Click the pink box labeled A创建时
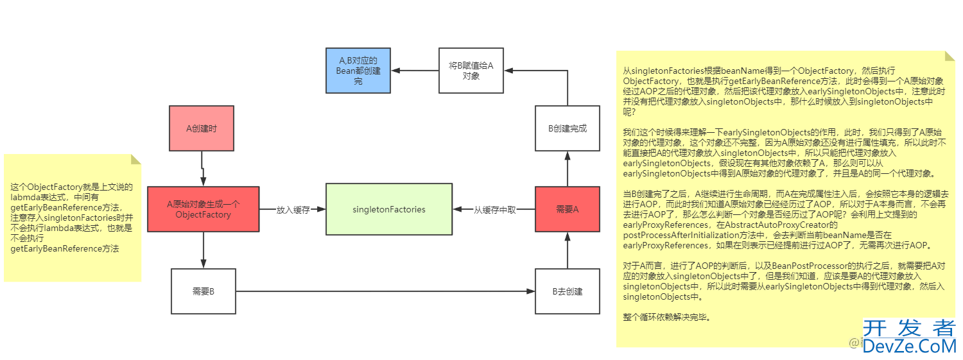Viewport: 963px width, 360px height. [x=202, y=128]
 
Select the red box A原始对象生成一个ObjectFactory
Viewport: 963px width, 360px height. [x=203, y=209]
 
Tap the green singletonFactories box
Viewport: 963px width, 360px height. [x=388, y=209]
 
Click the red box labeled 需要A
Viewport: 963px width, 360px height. [x=567, y=209]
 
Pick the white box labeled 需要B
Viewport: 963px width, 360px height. [x=203, y=291]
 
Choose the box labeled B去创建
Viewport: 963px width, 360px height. [x=567, y=291]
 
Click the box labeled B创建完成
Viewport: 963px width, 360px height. [x=567, y=128]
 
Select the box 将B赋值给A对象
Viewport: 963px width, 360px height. [x=471, y=70]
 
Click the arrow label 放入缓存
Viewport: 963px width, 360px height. [x=293, y=210]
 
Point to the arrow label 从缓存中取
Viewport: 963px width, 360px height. [x=494, y=210]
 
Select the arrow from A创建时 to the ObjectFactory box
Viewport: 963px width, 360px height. [x=203, y=168]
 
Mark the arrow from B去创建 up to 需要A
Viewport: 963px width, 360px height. [x=567, y=250]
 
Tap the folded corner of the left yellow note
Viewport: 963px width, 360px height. [x=135, y=159]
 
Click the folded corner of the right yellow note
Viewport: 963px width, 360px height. [x=950, y=56]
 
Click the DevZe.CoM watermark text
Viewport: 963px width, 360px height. [x=908, y=347]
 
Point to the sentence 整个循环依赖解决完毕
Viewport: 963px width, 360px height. [x=667, y=317]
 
